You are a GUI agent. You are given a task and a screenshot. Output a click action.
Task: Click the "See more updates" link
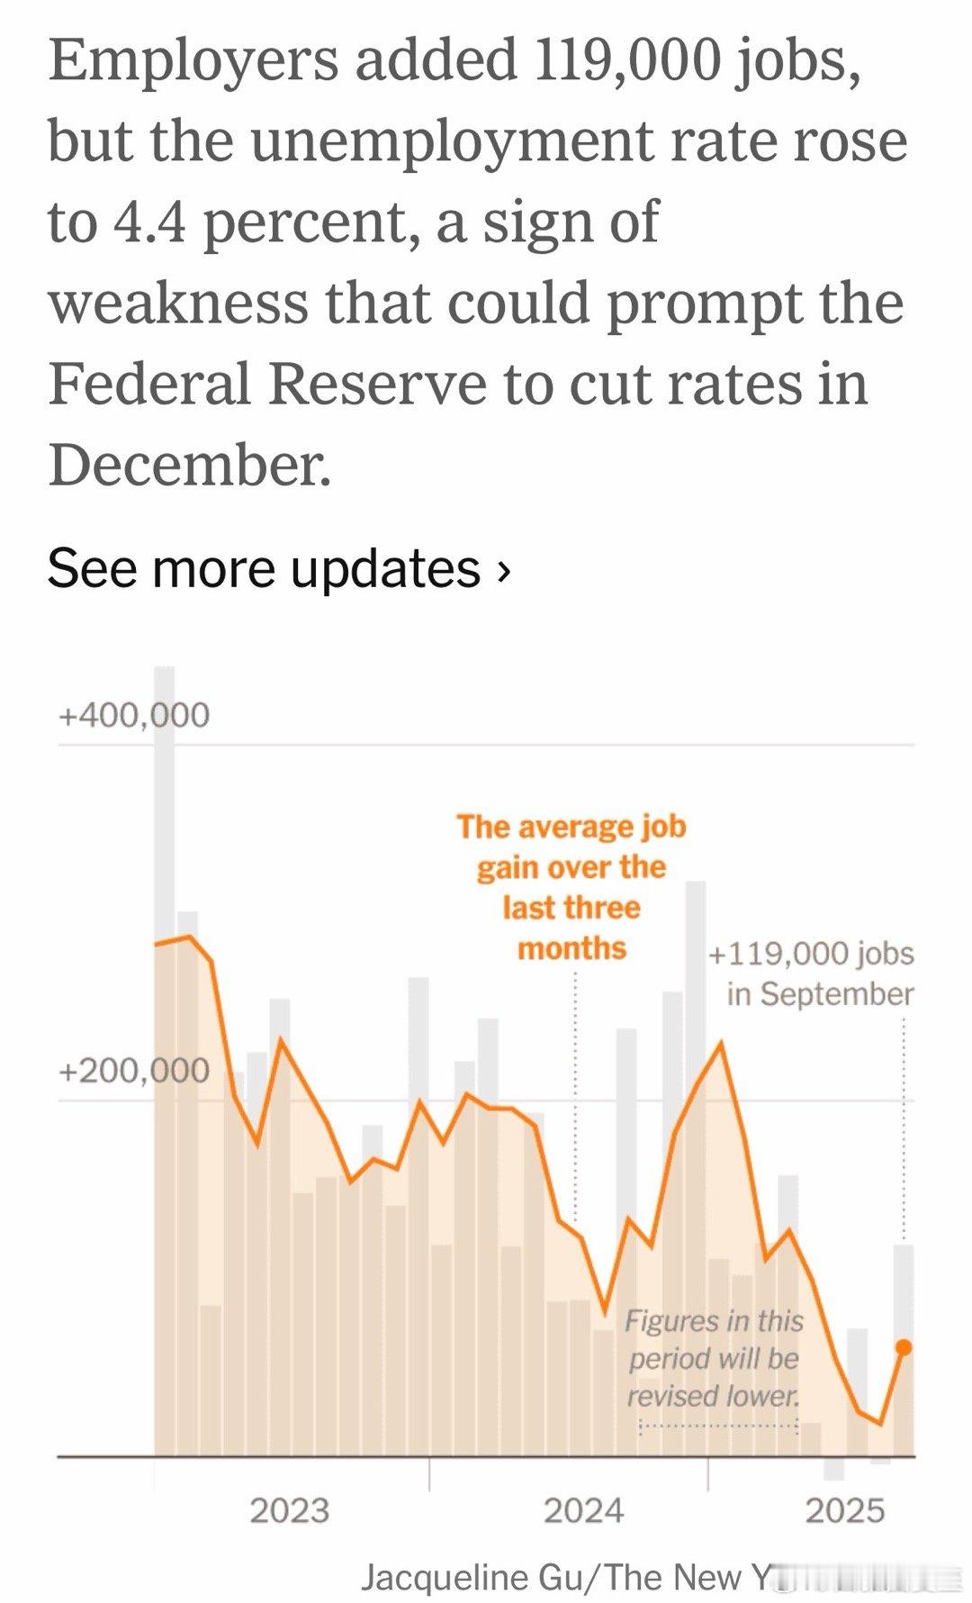[264, 569]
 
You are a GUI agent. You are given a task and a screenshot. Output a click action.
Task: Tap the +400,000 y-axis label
[133, 715]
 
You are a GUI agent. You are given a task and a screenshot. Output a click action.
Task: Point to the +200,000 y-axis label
[133, 1071]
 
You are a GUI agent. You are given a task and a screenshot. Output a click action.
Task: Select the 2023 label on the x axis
[289, 1510]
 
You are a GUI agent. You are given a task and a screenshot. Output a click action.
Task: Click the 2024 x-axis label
[583, 1510]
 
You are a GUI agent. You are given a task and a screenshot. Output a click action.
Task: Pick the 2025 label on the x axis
[844, 1510]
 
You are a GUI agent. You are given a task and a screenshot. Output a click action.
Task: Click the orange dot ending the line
[904, 1347]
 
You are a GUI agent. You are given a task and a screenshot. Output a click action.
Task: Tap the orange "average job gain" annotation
[571, 887]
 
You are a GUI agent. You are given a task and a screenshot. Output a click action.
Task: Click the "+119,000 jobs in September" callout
[812, 974]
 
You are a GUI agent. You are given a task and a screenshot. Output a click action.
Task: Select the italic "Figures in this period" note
[714, 1358]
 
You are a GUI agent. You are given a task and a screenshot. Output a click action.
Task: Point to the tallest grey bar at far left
[164, 811]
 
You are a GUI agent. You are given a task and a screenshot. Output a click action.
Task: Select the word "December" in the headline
[189, 466]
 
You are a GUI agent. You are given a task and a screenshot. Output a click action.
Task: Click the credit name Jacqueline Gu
[472, 1577]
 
